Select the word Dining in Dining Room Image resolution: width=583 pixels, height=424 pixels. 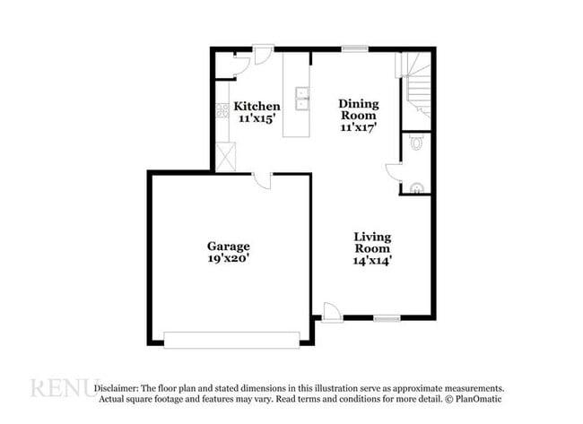point(358,104)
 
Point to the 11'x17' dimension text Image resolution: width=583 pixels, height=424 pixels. point(358,127)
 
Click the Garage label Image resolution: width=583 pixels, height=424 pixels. point(228,246)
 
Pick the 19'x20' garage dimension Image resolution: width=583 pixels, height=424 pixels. point(228,258)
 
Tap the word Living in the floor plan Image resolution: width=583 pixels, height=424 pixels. point(371,237)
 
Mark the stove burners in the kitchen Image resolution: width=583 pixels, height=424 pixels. point(222,112)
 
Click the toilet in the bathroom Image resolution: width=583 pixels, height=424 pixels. point(417,143)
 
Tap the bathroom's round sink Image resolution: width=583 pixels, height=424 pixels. point(416,187)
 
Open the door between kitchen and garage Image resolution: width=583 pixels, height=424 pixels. point(262,180)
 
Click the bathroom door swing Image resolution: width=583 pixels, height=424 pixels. point(394,173)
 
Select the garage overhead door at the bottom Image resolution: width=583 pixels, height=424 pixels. point(231,339)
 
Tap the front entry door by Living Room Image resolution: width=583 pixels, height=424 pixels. point(331,312)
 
